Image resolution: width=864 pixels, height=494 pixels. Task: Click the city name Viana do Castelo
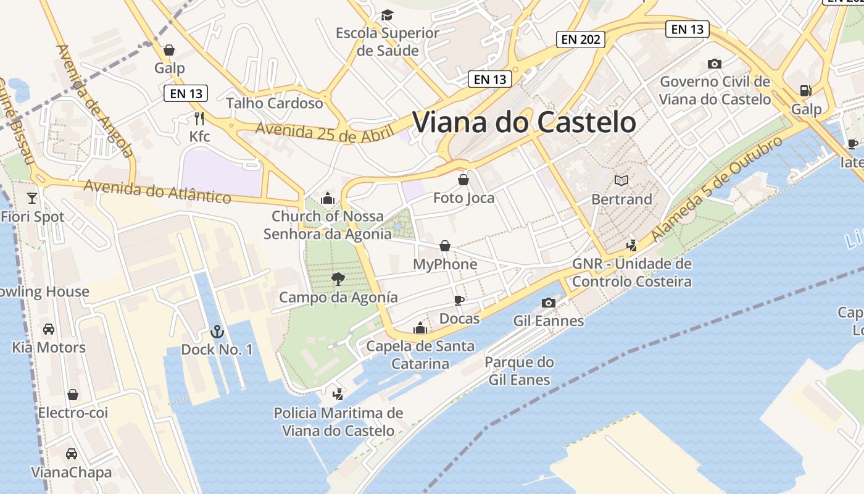(523, 122)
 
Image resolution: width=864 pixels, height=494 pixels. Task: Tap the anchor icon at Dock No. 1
(217, 332)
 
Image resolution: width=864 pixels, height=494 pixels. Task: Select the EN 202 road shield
(580, 40)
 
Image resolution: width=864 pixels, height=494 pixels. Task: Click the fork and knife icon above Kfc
(199, 119)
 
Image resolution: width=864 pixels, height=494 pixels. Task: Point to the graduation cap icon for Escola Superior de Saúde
(387, 15)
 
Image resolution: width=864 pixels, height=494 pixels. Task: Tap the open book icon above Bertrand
(621, 181)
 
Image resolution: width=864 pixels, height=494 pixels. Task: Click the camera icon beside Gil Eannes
(548, 303)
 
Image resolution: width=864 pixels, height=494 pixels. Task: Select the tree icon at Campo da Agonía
(338, 279)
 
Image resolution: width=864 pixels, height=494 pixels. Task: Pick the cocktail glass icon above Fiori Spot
(32, 198)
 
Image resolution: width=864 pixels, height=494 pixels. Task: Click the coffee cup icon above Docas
(459, 300)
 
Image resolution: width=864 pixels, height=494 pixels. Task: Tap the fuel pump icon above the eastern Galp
(805, 91)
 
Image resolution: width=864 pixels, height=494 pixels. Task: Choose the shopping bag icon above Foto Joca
(463, 180)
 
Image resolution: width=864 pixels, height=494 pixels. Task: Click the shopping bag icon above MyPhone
(444, 246)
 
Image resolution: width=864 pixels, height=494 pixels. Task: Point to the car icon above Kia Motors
(49, 329)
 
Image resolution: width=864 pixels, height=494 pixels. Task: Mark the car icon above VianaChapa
(72, 454)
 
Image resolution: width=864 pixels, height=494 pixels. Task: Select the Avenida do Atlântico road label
(157, 191)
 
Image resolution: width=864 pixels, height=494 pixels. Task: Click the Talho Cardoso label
(275, 103)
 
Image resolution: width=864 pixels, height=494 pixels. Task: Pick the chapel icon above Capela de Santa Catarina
(420, 328)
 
